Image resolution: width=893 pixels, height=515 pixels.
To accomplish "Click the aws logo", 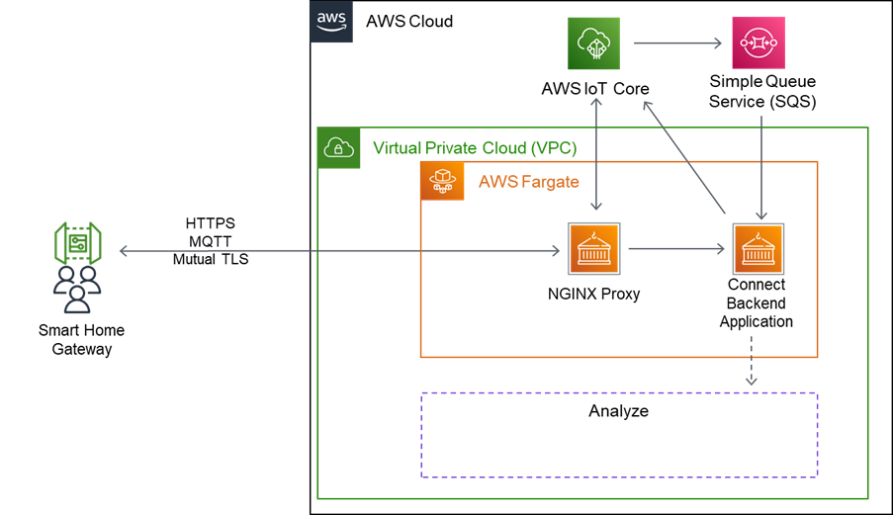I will (331, 22).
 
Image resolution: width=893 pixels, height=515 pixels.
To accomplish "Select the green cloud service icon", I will (593, 43).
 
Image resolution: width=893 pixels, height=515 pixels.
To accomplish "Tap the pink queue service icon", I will (758, 43).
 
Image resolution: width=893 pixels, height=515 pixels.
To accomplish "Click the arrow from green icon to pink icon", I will (675, 43).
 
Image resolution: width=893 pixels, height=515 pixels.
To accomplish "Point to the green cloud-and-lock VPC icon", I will (339, 148).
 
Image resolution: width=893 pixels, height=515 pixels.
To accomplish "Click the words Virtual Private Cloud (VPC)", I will (474, 148).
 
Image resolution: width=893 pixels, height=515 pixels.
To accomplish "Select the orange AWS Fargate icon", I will (442, 182).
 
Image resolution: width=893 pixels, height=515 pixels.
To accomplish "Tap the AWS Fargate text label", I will (528, 182).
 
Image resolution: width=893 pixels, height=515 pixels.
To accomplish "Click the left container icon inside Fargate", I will (594, 248).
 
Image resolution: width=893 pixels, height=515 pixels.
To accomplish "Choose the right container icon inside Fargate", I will (759, 248).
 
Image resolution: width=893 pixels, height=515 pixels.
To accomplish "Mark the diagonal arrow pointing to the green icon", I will (684, 156).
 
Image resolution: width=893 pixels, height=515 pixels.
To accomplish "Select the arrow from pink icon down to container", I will (760, 167).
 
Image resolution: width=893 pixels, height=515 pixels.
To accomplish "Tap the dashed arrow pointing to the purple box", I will (751, 362).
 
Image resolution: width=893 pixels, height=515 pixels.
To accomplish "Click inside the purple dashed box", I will (619, 435).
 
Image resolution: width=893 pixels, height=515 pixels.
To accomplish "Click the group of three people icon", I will (77, 290).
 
